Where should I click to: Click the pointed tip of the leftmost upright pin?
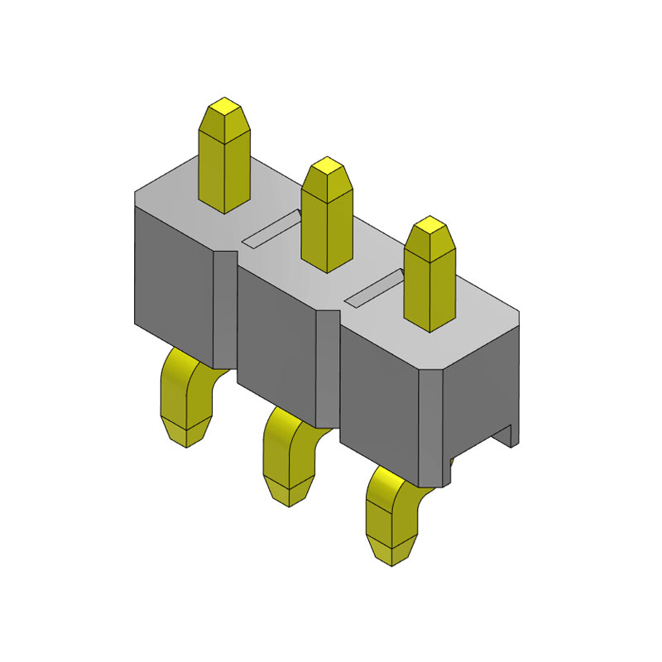coord(224,108)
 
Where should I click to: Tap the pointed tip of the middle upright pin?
coord(328,166)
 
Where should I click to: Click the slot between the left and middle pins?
coord(271,228)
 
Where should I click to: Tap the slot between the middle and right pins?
coord(377,286)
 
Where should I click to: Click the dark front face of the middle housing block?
coord(277,339)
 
